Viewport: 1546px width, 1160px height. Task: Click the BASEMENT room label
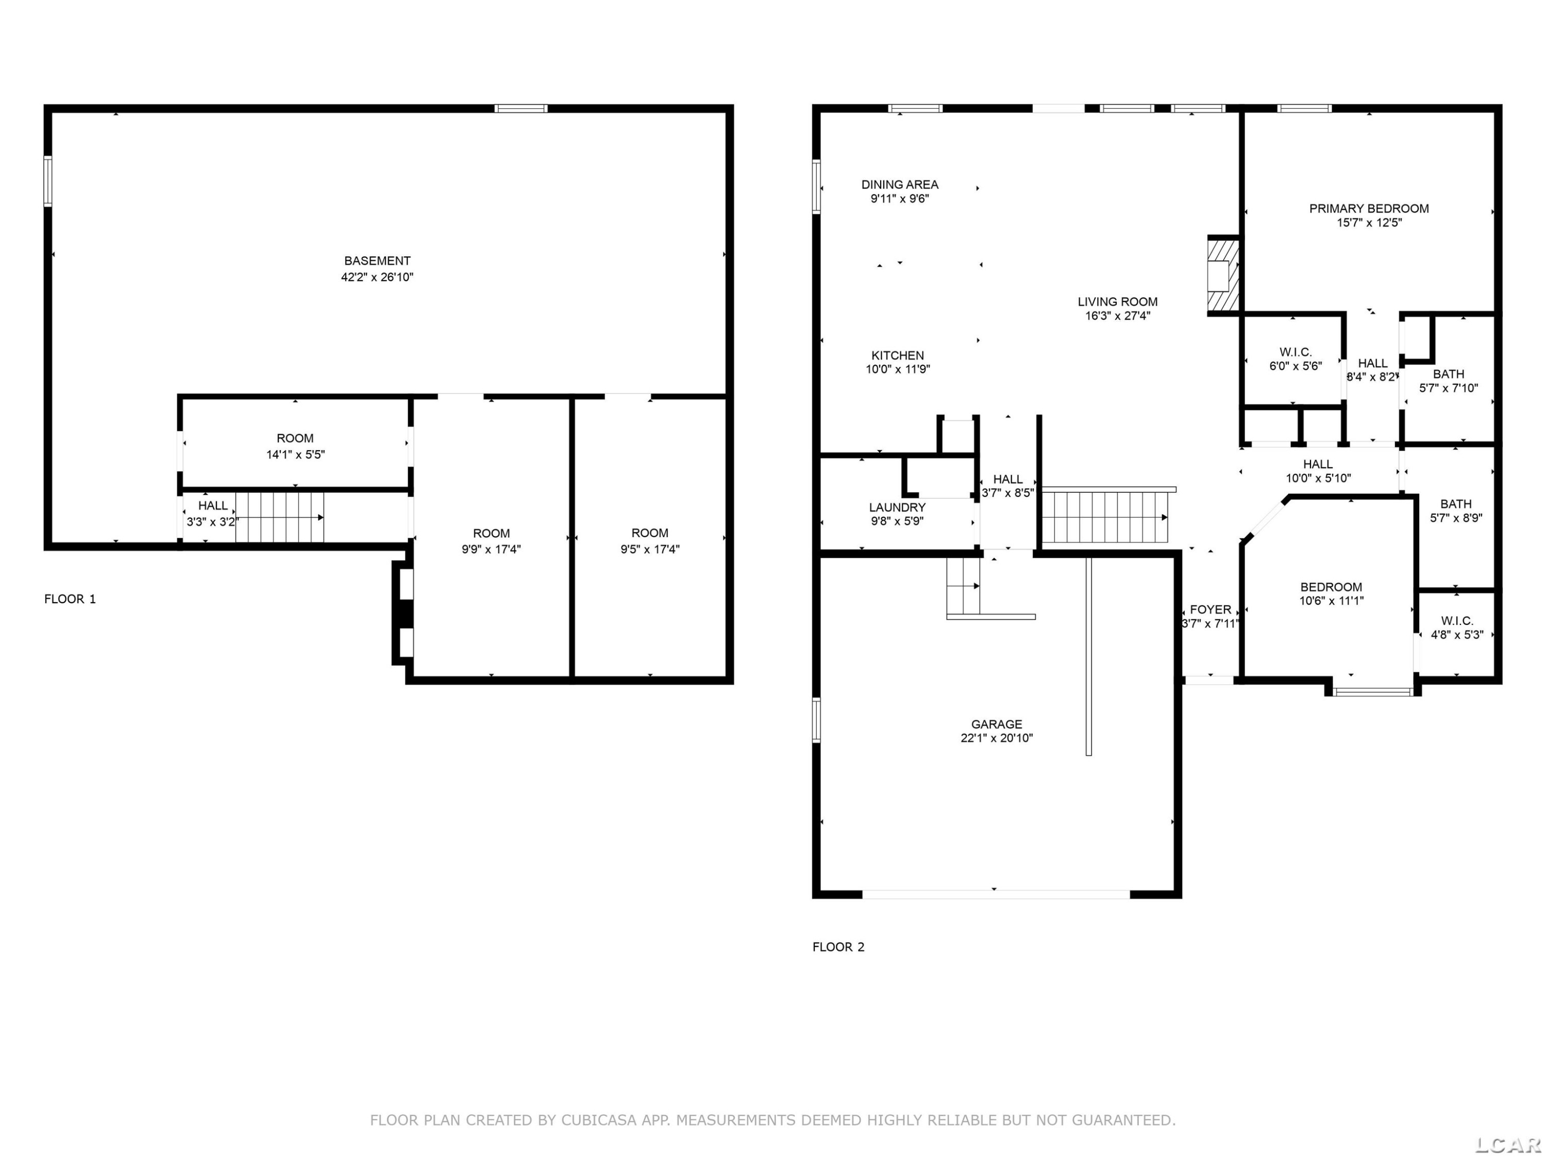pyautogui.click(x=377, y=261)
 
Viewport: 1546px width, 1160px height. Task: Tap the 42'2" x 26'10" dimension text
pyautogui.click(x=377, y=277)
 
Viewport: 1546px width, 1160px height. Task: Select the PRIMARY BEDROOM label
pyautogui.click(x=1369, y=208)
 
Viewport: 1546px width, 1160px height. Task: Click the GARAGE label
pyautogui.click(x=996, y=724)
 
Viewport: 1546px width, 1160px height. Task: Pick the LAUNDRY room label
pyautogui.click(x=897, y=507)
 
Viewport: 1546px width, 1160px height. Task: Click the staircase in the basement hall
pyautogui.click(x=279, y=518)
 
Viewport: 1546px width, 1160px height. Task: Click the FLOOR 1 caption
pyautogui.click(x=70, y=599)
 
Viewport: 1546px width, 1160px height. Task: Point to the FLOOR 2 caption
pyautogui.click(x=838, y=947)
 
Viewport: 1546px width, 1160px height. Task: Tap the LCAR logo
pyautogui.click(x=1507, y=1144)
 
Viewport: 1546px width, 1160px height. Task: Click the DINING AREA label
pyautogui.click(x=899, y=185)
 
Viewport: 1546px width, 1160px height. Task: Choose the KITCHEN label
pyautogui.click(x=897, y=355)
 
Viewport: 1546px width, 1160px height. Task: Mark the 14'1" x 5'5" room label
pyautogui.click(x=295, y=455)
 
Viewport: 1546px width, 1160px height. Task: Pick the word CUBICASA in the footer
pyautogui.click(x=599, y=1120)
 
